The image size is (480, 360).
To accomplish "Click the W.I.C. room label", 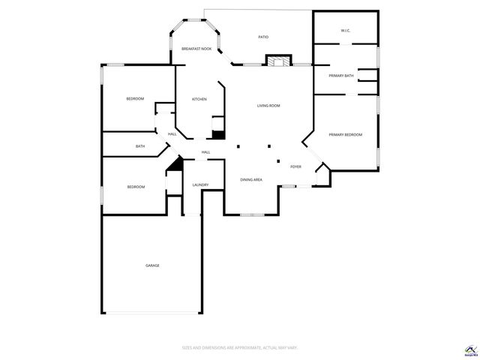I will click(345, 31).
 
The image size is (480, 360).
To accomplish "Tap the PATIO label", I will click(263, 37).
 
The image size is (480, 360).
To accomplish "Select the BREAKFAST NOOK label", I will click(196, 49).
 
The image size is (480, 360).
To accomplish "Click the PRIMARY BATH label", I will click(341, 76).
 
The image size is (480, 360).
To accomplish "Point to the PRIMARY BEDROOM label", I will click(345, 134).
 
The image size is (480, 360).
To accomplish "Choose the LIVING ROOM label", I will click(268, 106).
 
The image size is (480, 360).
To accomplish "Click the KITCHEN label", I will click(199, 99).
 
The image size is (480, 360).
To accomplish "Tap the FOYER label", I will click(295, 166).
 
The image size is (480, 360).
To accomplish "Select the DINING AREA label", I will click(250, 180).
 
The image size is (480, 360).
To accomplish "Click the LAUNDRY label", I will click(199, 184).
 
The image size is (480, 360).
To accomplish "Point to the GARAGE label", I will click(152, 265).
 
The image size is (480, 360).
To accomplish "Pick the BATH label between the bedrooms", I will click(140, 146).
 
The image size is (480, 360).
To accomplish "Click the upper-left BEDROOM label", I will click(135, 99).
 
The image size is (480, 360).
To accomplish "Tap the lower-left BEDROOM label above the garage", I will click(136, 187).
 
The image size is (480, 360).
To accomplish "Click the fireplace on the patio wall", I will click(278, 61).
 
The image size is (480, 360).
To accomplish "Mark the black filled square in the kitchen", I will click(218, 135).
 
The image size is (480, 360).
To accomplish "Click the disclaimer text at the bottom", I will click(239, 347).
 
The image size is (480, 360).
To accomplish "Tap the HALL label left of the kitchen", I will click(172, 134).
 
